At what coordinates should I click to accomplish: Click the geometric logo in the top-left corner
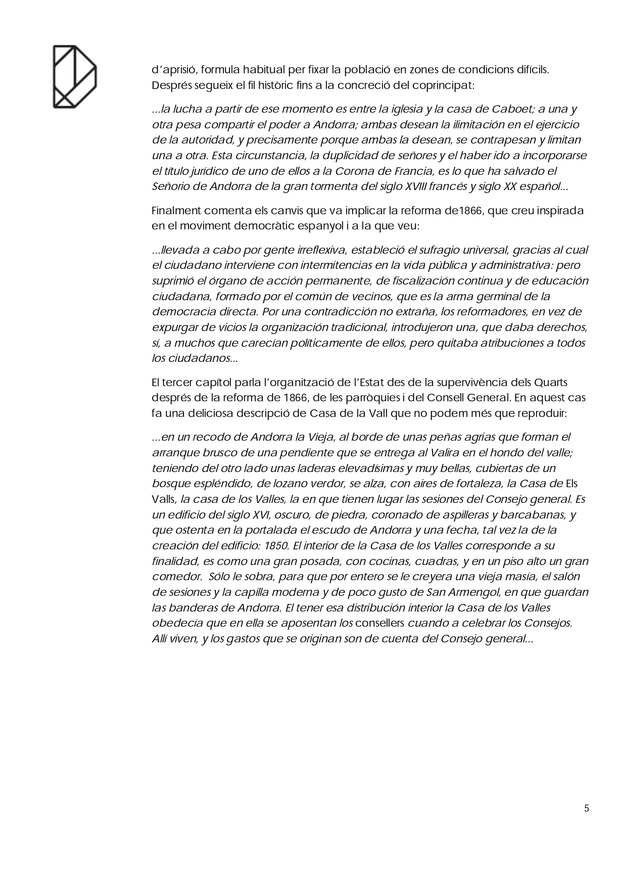pos(75,77)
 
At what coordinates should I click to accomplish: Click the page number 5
pos(586,808)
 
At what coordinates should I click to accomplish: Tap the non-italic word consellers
pos(380,623)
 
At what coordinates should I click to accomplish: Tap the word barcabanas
pos(537,515)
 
